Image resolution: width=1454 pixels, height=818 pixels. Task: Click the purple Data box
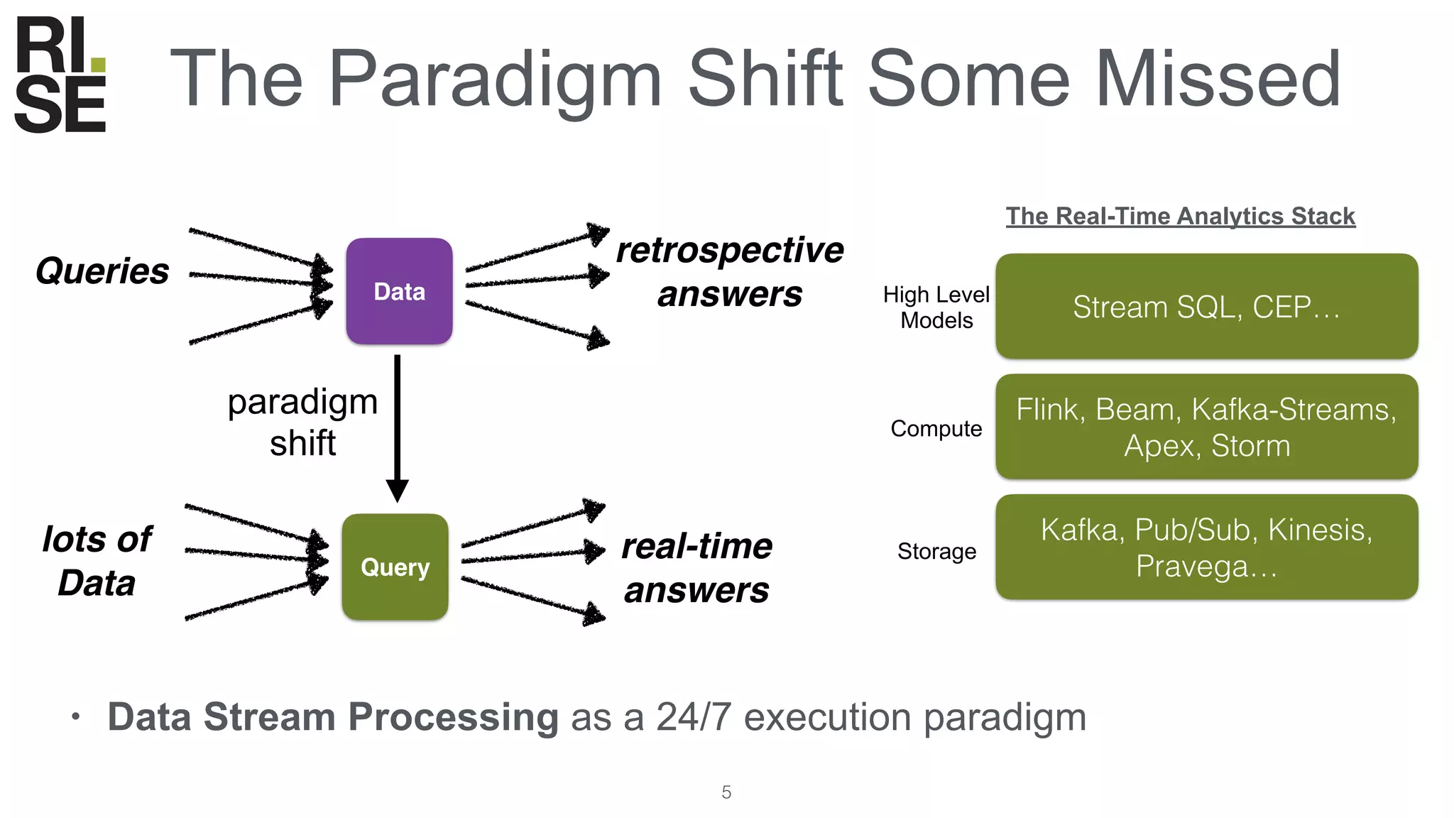click(x=399, y=291)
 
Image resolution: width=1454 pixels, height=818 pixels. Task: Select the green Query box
click(x=395, y=567)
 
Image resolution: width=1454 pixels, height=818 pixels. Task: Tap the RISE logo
click(x=60, y=75)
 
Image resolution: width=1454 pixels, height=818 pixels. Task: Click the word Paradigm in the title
click(x=495, y=80)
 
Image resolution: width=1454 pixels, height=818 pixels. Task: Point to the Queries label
click(x=102, y=271)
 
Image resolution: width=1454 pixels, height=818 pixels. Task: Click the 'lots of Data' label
click(x=97, y=561)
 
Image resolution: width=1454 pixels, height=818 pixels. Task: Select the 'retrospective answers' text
click(x=730, y=272)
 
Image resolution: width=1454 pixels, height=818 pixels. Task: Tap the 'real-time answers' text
click(x=696, y=568)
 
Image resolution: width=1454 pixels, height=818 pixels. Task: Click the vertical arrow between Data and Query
click(x=397, y=426)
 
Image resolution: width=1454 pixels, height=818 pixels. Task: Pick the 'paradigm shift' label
click(x=302, y=422)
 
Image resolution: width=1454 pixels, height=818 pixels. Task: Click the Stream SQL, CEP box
click(x=1206, y=306)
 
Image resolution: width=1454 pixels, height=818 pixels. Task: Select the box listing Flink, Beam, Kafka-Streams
click(x=1206, y=427)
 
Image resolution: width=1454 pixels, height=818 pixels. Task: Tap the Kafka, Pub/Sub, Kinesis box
click(x=1206, y=547)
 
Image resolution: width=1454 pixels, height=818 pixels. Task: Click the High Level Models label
click(x=936, y=307)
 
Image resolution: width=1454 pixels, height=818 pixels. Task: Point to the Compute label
click(x=936, y=428)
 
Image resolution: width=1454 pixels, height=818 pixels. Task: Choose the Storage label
click(x=936, y=551)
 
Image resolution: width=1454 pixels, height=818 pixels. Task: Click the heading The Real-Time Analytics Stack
click(x=1180, y=216)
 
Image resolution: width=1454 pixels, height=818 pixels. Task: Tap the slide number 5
click(x=726, y=792)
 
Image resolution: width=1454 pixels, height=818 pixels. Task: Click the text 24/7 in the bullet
click(x=693, y=717)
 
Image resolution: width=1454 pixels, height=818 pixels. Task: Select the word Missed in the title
click(x=1217, y=80)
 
